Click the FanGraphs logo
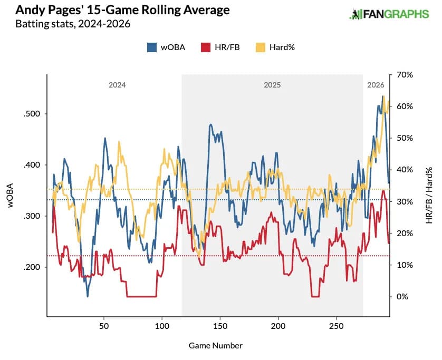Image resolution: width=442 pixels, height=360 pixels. coord(389,14)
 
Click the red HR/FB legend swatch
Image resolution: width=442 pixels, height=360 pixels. coord(206,47)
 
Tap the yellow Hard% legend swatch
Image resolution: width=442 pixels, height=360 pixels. coord(261,47)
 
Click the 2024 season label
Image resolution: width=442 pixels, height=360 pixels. coord(117,85)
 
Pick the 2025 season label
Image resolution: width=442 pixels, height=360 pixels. coord(272,85)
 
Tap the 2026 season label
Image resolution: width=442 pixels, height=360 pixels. coord(376,85)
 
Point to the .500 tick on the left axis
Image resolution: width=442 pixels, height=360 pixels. coord(32,114)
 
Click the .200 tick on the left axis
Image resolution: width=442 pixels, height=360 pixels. coord(32,267)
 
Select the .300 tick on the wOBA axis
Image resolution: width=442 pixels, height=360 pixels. coord(32,216)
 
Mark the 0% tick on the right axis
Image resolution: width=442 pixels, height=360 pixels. coord(402,297)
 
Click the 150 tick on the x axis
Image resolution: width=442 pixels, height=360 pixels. coord(220,326)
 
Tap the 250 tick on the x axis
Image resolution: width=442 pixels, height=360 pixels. coord(337,326)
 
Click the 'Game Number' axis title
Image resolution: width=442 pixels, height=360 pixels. coord(215,346)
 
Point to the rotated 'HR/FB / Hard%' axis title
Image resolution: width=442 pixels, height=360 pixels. coord(429,196)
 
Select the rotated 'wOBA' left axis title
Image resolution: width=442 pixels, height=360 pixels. coord(11,196)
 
